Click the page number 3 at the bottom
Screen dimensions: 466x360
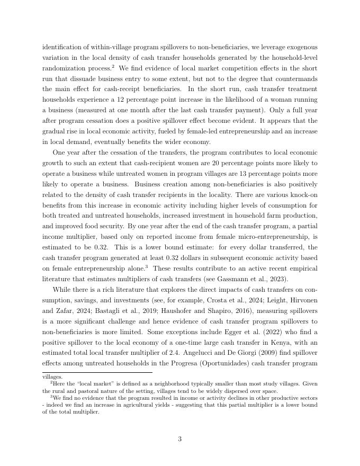pos(180,439)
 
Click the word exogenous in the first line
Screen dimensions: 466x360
pos(300,47)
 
